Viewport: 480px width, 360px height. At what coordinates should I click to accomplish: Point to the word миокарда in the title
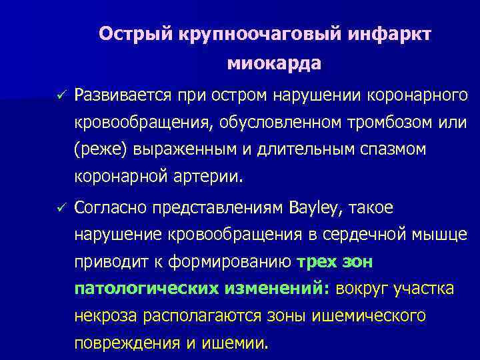tap(274, 64)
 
